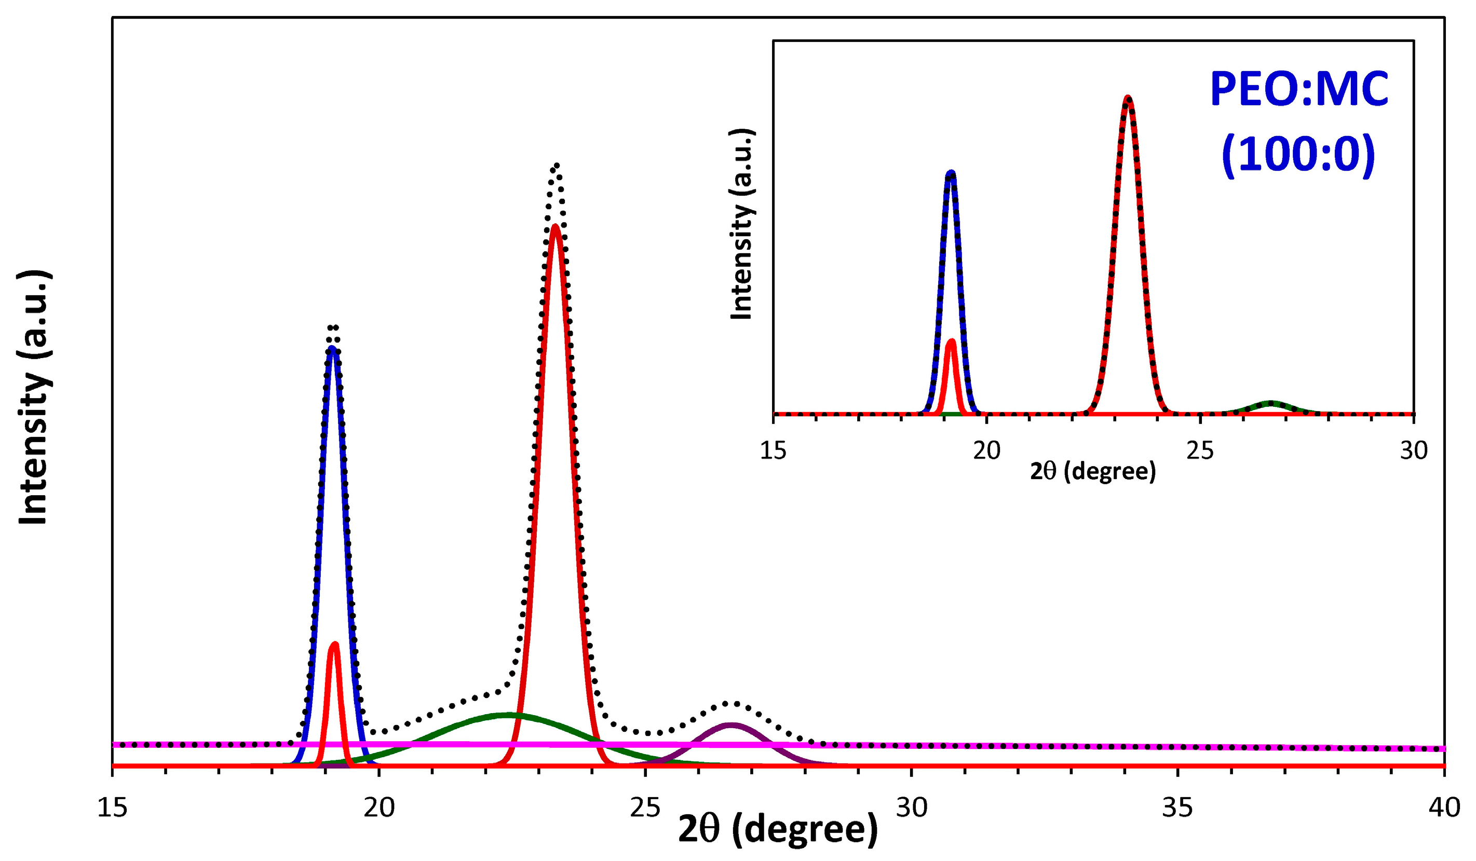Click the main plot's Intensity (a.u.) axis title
[33, 398]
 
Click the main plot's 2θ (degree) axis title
[778, 829]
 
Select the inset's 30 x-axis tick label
[1413, 450]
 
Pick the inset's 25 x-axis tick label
[1200, 450]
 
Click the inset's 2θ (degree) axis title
[1093, 471]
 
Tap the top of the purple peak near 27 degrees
[731, 725]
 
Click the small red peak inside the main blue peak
[334, 644]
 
